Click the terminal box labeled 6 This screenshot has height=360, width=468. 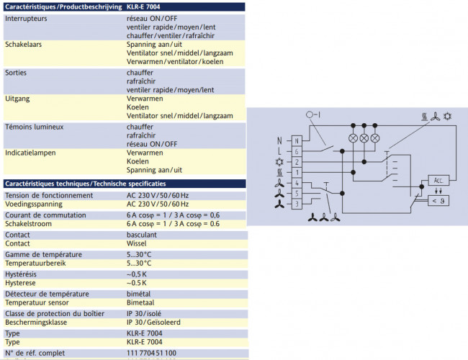tap(296, 152)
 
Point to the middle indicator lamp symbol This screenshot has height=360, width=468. tap(364, 138)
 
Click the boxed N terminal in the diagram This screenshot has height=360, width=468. tap(296, 140)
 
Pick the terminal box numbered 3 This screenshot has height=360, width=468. tap(296, 205)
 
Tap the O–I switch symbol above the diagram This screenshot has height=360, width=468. tap(311, 114)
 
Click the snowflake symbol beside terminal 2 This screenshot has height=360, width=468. tap(279, 163)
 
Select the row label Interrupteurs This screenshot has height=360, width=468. tap(26, 18)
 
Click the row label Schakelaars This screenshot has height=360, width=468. tap(24, 45)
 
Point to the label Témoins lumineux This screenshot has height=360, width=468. tap(35, 127)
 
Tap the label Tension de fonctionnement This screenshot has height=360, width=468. tap(48, 195)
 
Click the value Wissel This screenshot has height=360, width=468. tap(137, 244)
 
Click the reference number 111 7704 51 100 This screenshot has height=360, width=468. tap(151, 353)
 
